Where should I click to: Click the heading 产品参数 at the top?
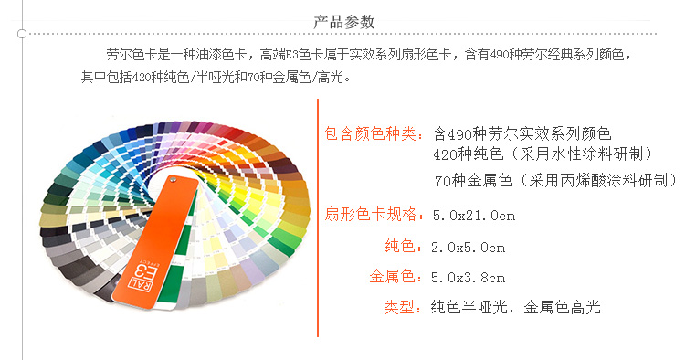tap(342, 20)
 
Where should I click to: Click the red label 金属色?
tap(396, 277)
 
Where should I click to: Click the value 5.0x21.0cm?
tap(473, 216)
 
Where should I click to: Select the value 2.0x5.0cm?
tap(468, 247)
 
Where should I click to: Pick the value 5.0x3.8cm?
tap(468, 277)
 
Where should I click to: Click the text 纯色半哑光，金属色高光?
tap(515, 307)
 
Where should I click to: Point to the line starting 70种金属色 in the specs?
tap(555, 178)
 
